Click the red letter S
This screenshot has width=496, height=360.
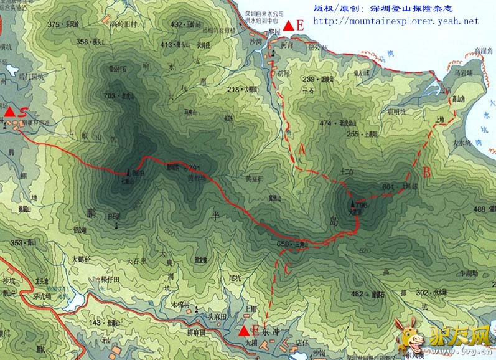point(22,111)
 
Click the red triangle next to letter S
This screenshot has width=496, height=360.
point(9,112)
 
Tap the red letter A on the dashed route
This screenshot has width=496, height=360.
point(302,149)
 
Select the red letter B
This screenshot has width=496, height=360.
point(426,173)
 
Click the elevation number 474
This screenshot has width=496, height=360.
point(325,123)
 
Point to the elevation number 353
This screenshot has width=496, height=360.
point(17,243)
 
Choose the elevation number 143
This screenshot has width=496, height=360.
point(95,323)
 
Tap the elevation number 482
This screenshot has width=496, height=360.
point(357,294)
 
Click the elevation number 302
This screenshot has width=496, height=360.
point(422,292)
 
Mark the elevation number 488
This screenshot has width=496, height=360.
point(479,209)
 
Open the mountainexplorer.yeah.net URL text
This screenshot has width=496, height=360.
point(395,21)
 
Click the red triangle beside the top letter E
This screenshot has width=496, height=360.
point(288,26)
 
